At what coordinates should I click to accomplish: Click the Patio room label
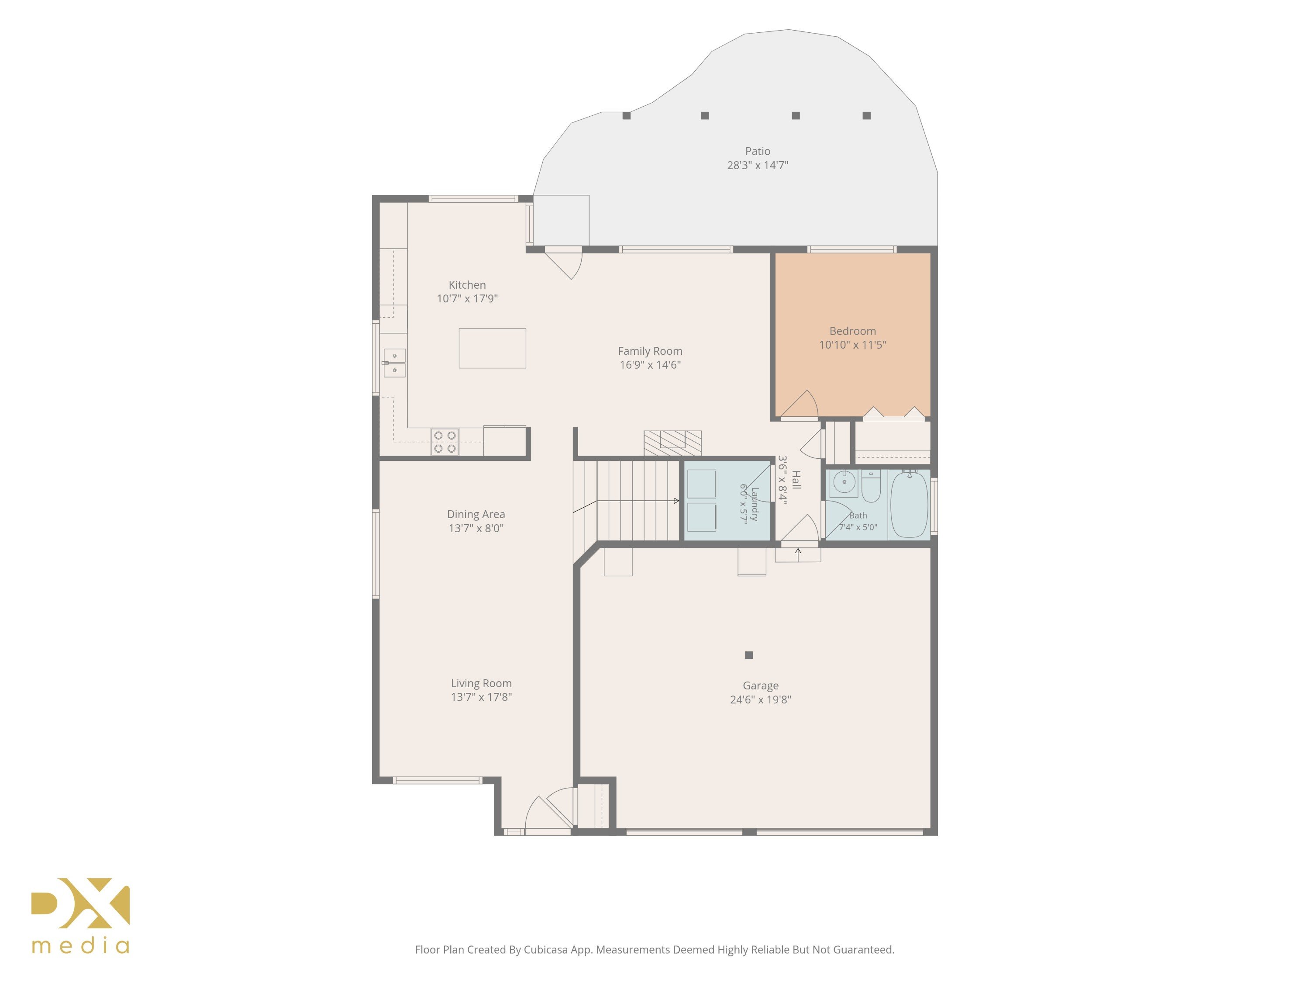point(758,151)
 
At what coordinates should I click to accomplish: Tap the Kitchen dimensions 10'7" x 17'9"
point(467,299)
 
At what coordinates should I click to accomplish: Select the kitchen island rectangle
point(492,348)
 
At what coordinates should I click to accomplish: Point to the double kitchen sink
point(394,363)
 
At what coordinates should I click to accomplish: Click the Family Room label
point(650,351)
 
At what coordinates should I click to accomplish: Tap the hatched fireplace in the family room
point(673,443)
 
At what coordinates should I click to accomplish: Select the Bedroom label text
point(852,331)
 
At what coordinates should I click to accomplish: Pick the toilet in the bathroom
point(871,486)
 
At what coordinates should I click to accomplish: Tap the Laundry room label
point(754,504)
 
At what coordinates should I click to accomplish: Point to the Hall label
point(796,480)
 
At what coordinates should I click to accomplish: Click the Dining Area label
point(476,514)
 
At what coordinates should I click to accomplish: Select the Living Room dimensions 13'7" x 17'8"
point(481,697)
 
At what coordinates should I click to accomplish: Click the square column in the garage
point(748,655)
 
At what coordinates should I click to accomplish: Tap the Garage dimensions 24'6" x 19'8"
point(760,699)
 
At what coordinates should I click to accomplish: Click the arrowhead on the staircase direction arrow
point(677,501)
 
